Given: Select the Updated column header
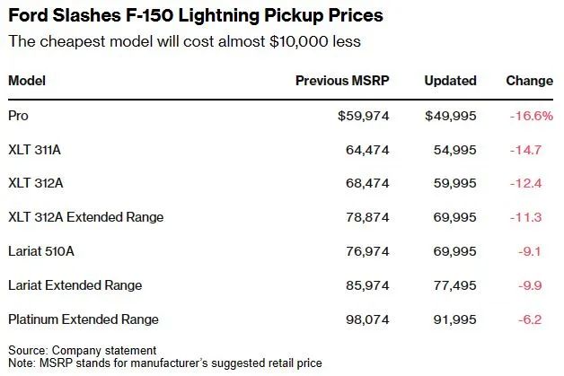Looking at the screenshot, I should (x=450, y=81).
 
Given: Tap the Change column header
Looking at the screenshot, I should (x=529, y=81).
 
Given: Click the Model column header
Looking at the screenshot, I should (x=27, y=81).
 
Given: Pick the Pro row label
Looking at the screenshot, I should (x=18, y=116).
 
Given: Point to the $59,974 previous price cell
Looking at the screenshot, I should (x=364, y=116).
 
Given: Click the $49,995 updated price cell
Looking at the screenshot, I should (x=451, y=116).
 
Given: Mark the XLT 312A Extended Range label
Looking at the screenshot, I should (x=85, y=217).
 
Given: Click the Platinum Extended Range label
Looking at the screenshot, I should (x=83, y=319).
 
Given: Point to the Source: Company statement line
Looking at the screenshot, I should (x=82, y=349).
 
